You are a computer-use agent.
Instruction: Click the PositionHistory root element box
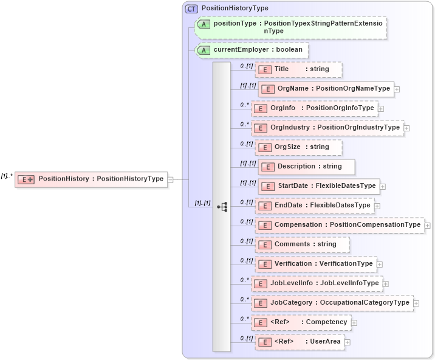91,179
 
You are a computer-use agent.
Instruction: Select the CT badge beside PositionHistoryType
191,9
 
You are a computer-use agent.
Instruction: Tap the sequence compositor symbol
222,207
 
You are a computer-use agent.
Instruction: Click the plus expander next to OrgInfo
381,109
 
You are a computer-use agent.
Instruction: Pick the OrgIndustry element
328,128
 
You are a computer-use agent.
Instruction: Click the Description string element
307,167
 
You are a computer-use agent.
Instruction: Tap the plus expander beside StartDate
383,186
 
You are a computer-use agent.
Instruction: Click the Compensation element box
340,225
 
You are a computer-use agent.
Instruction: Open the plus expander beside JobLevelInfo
386,283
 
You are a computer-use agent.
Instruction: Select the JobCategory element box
332,303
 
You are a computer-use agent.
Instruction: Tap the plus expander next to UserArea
348,342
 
